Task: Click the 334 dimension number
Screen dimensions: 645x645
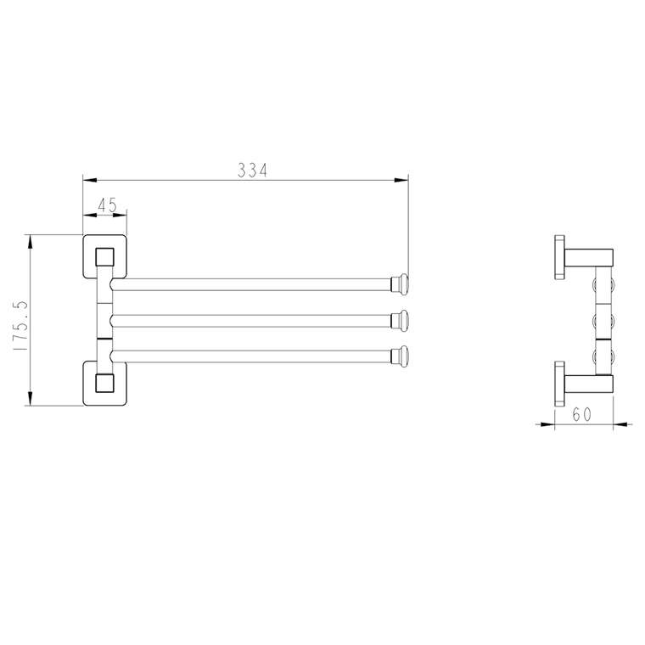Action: [253, 171]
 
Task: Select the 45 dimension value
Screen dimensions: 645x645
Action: [108, 205]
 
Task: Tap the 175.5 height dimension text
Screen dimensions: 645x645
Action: [20, 326]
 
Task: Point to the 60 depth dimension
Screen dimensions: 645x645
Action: [581, 414]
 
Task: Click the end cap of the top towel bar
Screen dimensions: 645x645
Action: [400, 284]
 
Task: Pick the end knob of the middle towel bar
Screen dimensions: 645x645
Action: [400, 321]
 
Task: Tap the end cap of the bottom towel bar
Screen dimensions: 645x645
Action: [400, 356]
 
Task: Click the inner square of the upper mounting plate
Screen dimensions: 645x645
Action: [104, 257]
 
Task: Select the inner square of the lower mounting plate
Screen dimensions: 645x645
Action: [104, 383]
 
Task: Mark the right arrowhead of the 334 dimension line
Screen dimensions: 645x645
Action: [401, 180]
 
